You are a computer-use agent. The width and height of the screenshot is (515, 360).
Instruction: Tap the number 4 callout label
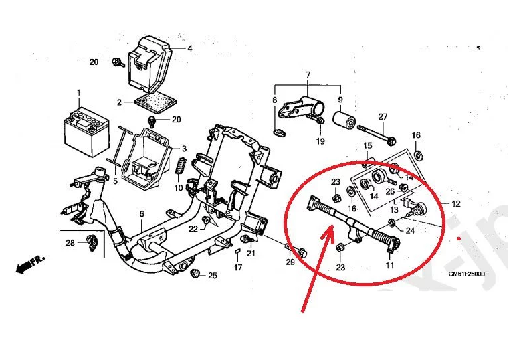pyautogui.click(x=189, y=48)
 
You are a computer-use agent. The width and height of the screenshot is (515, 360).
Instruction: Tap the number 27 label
pyautogui.click(x=383, y=118)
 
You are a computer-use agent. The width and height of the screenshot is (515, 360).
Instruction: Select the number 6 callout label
pyautogui.click(x=142, y=213)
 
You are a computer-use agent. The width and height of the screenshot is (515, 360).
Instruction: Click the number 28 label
pyautogui.click(x=70, y=242)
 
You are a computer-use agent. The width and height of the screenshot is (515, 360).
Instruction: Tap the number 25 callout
pyautogui.click(x=213, y=275)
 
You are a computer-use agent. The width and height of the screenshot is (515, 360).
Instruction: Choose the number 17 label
pyautogui.click(x=238, y=268)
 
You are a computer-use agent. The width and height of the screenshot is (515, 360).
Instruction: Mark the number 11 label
pyautogui.click(x=390, y=266)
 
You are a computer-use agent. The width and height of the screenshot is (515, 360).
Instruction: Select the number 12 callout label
pyautogui.click(x=456, y=203)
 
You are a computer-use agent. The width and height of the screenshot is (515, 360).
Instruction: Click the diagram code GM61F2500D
pyautogui.click(x=467, y=274)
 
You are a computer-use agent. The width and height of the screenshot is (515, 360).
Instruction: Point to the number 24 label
pyautogui.click(x=410, y=230)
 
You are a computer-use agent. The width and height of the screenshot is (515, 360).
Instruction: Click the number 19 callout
pyautogui.click(x=320, y=141)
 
